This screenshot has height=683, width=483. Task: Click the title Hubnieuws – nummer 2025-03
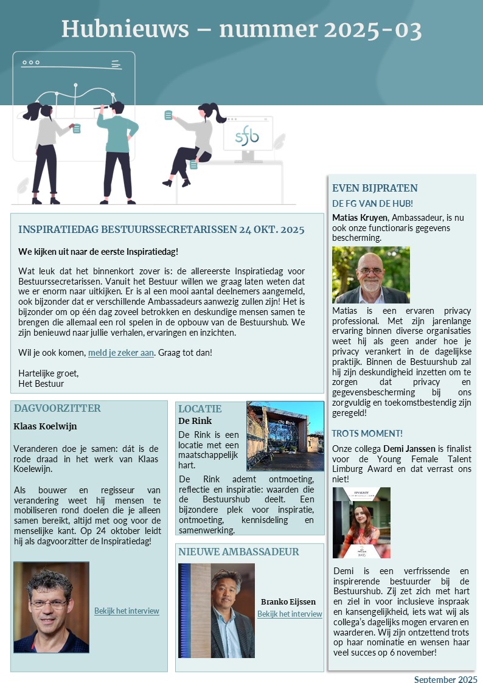[x=241, y=29]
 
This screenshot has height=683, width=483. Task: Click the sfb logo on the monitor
[x=247, y=136]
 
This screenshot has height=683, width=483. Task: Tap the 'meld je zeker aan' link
[x=121, y=352]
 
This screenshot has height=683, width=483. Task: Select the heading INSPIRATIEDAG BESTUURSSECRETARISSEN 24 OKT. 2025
[x=161, y=229]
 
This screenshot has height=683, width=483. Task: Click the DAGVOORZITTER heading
[x=57, y=408]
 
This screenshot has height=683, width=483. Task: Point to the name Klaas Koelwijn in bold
[x=45, y=426]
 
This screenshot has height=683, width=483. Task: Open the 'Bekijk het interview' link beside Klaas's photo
[x=127, y=611]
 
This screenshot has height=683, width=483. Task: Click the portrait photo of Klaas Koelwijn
[x=51, y=607]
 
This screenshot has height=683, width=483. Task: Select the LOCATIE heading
[x=200, y=409]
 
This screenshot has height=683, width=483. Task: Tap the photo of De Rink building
[x=285, y=435]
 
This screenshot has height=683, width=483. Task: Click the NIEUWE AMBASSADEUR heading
[x=238, y=552]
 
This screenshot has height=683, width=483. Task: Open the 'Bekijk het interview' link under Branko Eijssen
[x=290, y=614]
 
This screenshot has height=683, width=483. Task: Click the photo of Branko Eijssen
[x=216, y=610]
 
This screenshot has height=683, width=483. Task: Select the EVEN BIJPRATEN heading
[x=375, y=188]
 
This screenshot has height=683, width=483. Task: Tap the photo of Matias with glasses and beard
[x=370, y=275]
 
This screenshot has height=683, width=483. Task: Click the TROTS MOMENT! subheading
[x=367, y=433]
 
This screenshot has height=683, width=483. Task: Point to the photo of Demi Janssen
[x=361, y=522]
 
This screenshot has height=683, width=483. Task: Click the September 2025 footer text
[x=445, y=679]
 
